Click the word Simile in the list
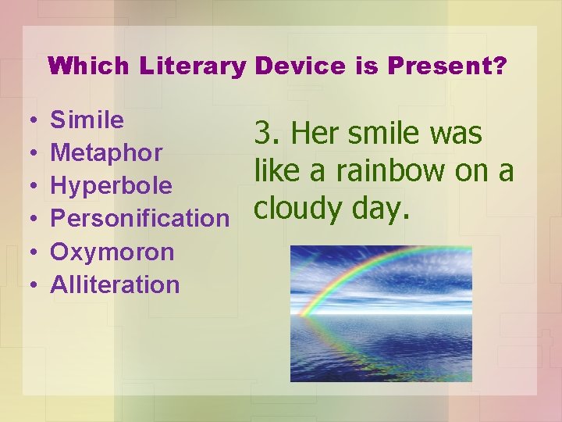coord(87,120)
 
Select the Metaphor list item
coord(106,153)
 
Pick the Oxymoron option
coord(112,252)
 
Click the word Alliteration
coord(115,284)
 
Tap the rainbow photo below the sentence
coord(381,313)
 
